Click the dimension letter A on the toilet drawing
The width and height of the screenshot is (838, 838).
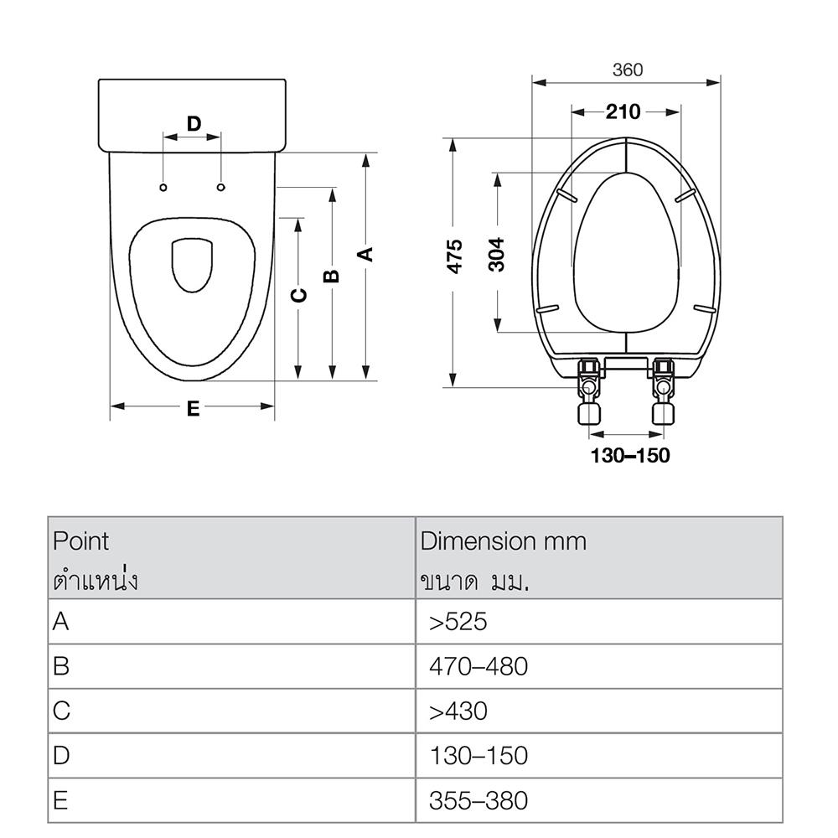tap(365, 254)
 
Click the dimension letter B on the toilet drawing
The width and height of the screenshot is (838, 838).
tap(332, 276)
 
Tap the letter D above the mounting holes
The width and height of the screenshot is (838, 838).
tap(194, 124)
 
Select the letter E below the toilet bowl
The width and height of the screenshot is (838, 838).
tap(193, 409)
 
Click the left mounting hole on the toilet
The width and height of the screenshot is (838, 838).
tap(164, 185)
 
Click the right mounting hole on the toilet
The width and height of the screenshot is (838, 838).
tap(221, 185)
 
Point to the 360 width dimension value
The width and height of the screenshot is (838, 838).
tap(627, 70)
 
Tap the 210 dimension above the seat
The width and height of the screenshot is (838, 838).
tap(623, 112)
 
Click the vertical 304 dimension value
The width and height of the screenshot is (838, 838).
tap(497, 254)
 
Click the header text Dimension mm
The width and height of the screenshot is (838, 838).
tap(503, 541)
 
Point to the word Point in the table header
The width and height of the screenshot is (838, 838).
tap(81, 541)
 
